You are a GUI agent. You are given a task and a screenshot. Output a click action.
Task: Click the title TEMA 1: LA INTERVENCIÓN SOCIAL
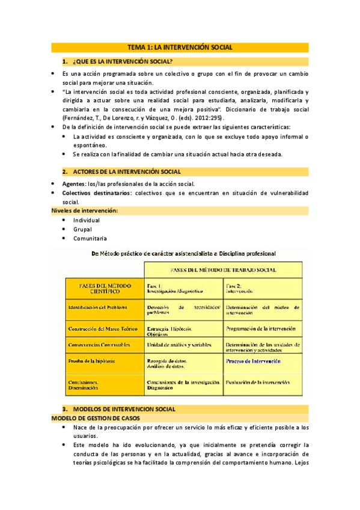coord(180,48)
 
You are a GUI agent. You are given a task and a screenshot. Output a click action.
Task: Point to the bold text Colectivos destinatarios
coord(97,192)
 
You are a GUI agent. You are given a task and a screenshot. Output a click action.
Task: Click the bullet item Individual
coord(87,220)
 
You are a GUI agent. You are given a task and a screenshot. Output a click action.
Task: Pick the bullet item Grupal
coord(82,229)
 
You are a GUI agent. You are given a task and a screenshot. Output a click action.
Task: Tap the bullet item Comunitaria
coord(90,238)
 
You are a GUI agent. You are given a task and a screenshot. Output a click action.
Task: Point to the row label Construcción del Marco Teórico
coord(102,329)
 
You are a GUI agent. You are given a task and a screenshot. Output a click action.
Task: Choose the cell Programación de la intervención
coord(260,329)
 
